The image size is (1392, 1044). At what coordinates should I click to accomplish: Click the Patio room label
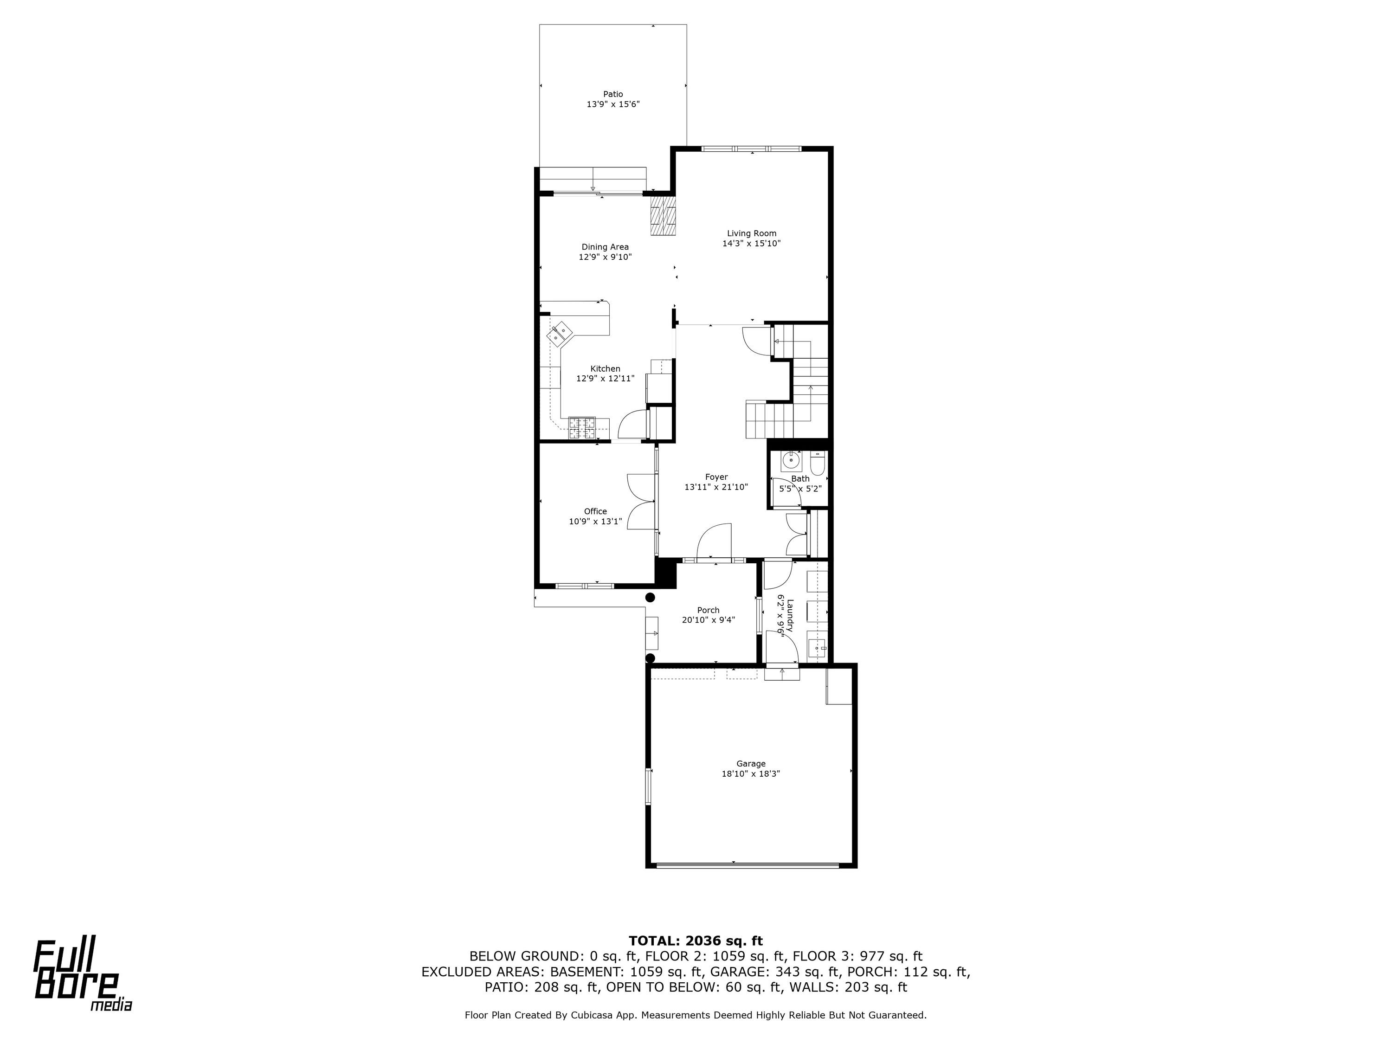coord(613,94)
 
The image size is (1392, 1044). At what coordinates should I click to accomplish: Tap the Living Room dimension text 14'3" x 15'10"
coord(751,244)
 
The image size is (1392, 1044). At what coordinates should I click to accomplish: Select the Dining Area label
coord(605,247)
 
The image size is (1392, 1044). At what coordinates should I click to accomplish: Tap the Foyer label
coord(716,477)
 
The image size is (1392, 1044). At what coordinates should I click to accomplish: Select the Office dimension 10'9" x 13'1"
coord(595,521)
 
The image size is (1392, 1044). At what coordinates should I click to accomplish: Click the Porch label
coord(708,610)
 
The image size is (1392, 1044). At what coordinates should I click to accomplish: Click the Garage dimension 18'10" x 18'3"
coord(751,774)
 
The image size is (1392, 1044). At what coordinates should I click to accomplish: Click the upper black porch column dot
coord(651,597)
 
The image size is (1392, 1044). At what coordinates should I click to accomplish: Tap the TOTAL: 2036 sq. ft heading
coord(696,941)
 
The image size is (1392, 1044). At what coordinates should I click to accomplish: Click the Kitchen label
coord(605,369)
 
